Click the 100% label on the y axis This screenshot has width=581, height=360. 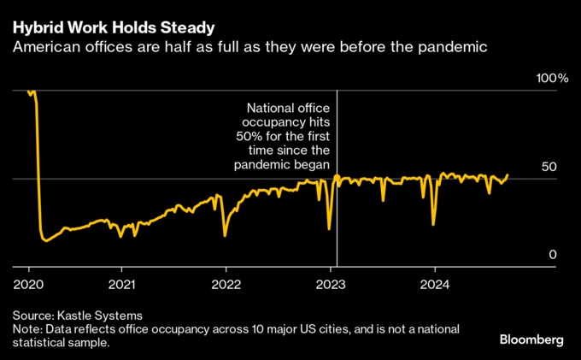pyautogui.click(x=552, y=79)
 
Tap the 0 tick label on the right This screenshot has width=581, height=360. pyautogui.click(x=554, y=255)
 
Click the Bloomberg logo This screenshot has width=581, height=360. pyautogui.click(x=531, y=339)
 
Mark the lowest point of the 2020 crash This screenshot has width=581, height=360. pyautogui.click(x=45, y=241)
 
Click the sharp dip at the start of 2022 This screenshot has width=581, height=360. pyautogui.click(x=225, y=235)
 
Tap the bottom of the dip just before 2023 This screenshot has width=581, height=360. pyautogui.click(x=329, y=228)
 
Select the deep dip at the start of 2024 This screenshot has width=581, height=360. pyautogui.click(x=434, y=224)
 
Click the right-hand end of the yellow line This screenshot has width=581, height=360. pyautogui.click(x=508, y=175)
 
